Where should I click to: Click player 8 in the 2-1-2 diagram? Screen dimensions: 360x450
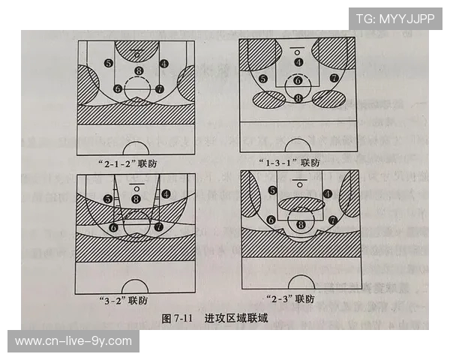137,71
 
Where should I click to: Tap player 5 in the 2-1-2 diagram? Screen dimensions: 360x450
109,63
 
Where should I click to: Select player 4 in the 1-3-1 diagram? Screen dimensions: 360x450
298,62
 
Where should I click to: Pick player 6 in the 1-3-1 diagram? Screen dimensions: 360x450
298,80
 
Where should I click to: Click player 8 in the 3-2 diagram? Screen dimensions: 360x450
136,198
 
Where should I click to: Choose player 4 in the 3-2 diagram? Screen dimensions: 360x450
165,193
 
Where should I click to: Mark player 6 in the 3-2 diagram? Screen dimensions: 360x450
114,226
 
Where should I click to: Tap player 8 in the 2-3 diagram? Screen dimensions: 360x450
301,224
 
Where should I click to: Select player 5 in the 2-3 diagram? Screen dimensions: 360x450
272,190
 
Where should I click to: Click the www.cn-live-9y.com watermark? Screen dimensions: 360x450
73,341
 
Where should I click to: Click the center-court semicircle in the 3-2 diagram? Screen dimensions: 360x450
135,286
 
